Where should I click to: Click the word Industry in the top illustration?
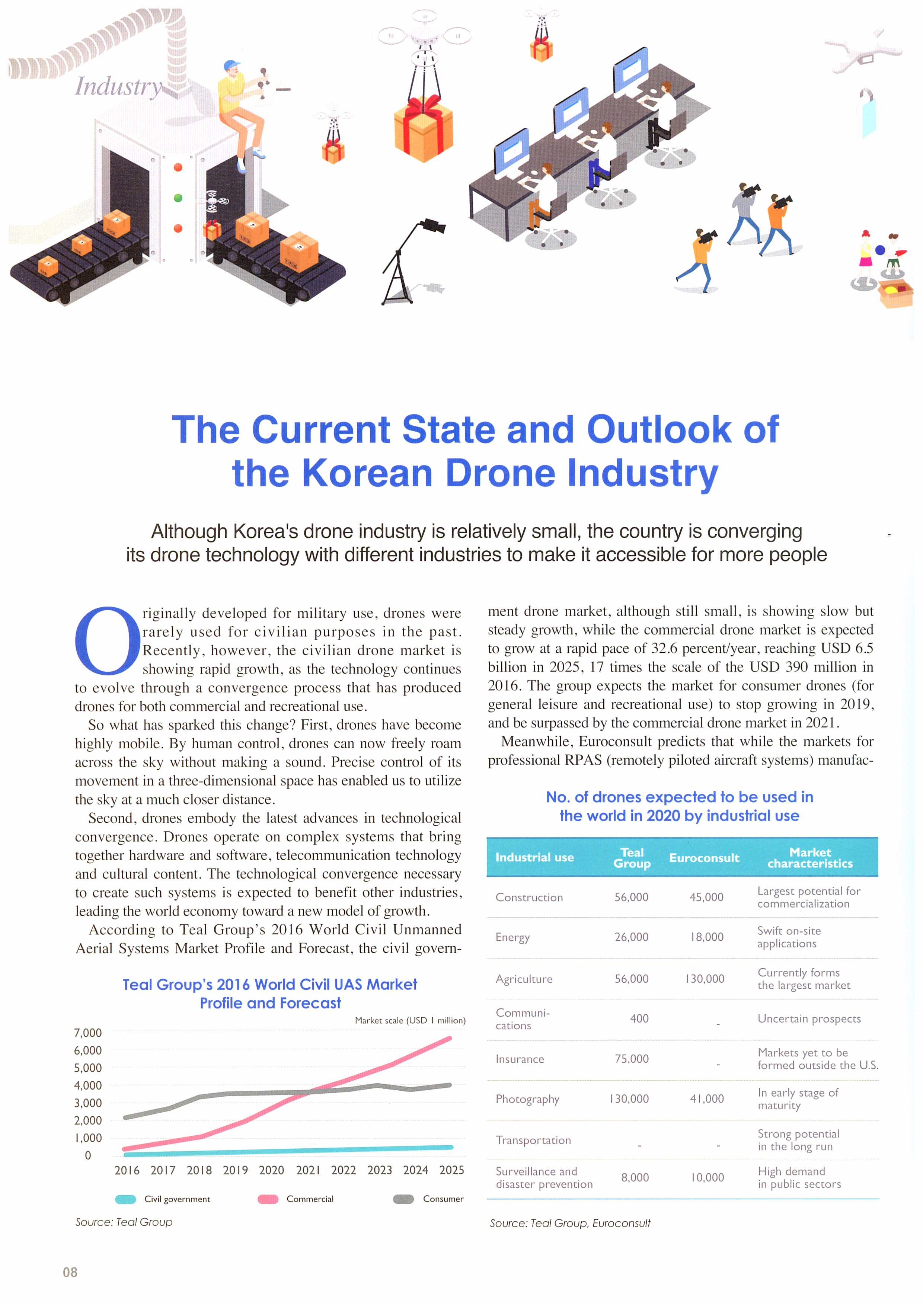pyautogui.click(x=119, y=86)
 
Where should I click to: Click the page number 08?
pyautogui.click(x=70, y=1272)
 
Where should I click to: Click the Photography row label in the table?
pyautogui.click(x=527, y=1099)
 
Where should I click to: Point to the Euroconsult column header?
pyautogui.click(x=704, y=858)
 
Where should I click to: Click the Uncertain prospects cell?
pyautogui.click(x=809, y=1018)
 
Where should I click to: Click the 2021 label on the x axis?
pyautogui.click(x=308, y=1170)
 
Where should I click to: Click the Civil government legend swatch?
pyautogui.click(x=125, y=1199)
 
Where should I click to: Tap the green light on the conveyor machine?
pyautogui.click(x=178, y=198)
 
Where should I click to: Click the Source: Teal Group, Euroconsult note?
pyautogui.click(x=570, y=1223)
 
